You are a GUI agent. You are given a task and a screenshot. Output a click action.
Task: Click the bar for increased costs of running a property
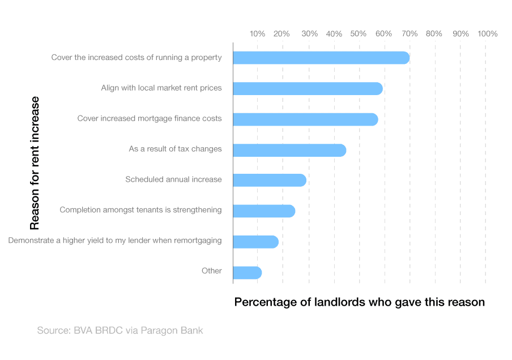click(x=321, y=58)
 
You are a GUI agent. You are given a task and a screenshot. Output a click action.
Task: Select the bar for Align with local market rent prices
click(x=308, y=88)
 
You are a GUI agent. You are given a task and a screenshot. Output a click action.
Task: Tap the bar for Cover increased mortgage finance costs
click(x=305, y=119)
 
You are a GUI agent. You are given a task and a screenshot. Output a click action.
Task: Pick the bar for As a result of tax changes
click(x=289, y=150)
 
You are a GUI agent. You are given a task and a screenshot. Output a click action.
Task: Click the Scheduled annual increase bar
click(x=270, y=180)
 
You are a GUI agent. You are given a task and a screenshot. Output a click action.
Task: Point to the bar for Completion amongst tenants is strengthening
click(x=264, y=211)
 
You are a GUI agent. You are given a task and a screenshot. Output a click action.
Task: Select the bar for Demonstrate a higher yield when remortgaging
click(x=255, y=242)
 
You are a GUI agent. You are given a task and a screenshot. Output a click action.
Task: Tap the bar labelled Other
click(x=247, y=273)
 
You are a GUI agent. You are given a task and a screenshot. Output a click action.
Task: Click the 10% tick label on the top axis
click(x=257, y=34)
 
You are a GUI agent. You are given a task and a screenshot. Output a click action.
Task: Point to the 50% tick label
click(x=358, y=34)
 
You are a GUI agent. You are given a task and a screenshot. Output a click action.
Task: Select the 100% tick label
click(x=487, y=34)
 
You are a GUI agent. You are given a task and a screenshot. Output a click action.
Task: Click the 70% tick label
click(x=409, y=34)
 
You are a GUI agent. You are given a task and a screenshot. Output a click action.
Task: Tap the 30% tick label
click(x=309, y=34)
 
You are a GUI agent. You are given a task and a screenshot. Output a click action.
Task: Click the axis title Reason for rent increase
click(x=35, y=163)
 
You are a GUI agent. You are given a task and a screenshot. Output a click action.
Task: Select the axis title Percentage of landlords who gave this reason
click(x=360, y=302)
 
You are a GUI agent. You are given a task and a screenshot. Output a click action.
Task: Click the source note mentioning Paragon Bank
click(x=120, y=331)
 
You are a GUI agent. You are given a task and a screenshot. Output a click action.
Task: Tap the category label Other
click(x=212, y=271)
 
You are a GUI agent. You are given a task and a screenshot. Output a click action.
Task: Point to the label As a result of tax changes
click(x=175, y=149)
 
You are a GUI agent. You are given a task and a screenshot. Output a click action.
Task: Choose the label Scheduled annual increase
click(x=173, y=179)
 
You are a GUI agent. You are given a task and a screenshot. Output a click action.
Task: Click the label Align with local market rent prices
click(x=161, y=88)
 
